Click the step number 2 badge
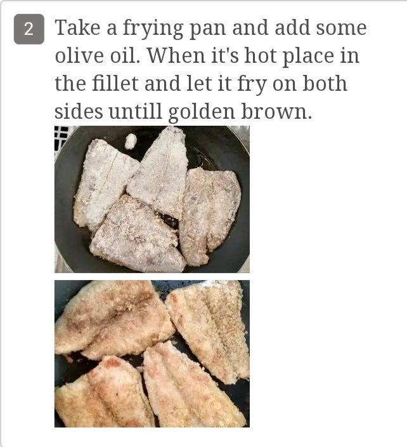29,29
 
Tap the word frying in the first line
153,29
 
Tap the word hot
261,55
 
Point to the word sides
79,111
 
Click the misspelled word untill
136,111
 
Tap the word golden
202,112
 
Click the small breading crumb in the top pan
131,141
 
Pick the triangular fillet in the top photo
160,171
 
